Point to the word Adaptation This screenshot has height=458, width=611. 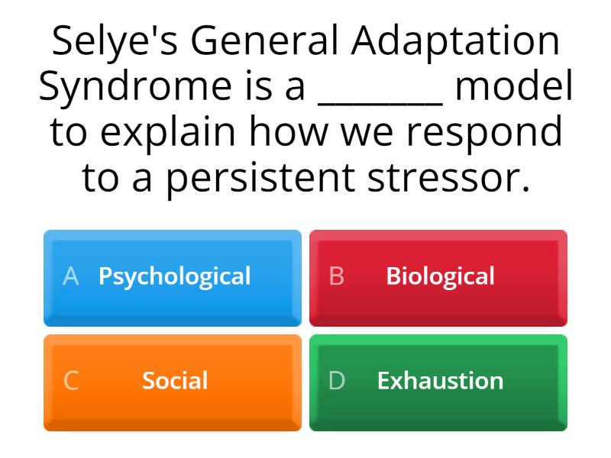point(455,42)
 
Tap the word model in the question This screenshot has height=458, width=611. point(514,87)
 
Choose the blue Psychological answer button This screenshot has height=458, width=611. point(173,277)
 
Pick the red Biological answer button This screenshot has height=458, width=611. point(438,277)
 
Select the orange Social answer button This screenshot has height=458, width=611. point(173,382)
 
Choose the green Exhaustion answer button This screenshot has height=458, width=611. point(438,382)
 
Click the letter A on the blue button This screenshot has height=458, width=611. point(71,276)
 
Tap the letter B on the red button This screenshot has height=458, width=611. point(337,276)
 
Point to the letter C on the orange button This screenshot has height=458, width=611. point(71,381)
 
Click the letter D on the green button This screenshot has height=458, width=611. point(337,381)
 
